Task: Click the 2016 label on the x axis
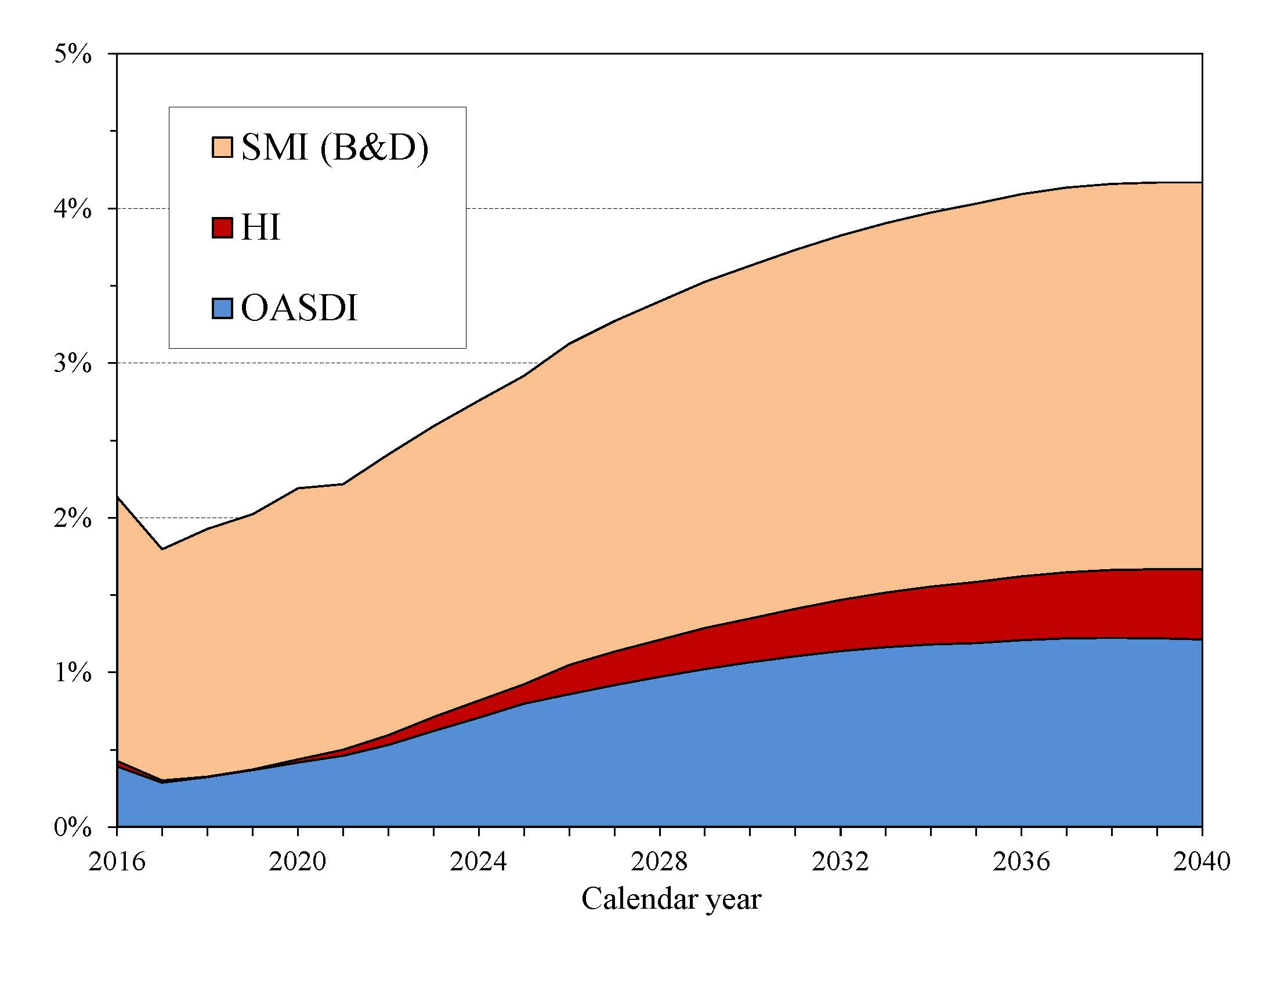(x=117, y=861)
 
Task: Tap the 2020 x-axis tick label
(x=298, y=861)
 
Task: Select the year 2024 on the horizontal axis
(x=478, y=861)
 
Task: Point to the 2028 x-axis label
(x=660, y=861)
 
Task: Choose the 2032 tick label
(x=840, y=861)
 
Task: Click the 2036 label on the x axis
(x=1021, y=861)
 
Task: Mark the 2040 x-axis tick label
(x=1202, y=861)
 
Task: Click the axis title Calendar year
(x=671, y=899)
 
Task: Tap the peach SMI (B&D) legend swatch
(x=222, y=147)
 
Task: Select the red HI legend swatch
(x=222, y=228)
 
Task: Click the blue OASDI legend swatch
(x=222, y=308)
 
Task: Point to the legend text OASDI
(x=299, y=308)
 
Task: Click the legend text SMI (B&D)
(x=334, y=147)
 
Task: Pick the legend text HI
(x=260, y=228)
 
